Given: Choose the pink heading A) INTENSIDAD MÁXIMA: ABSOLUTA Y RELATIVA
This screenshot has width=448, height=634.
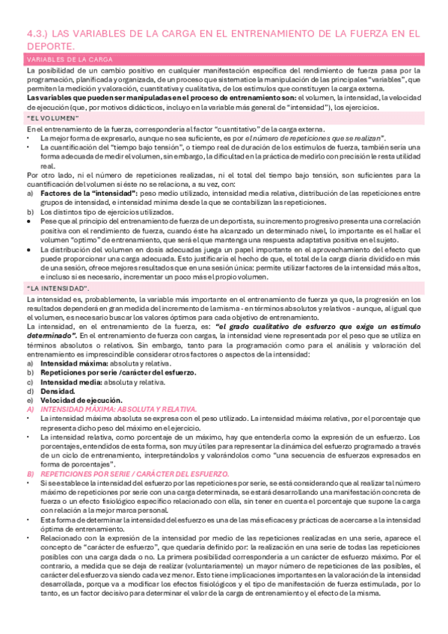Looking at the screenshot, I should tap(112, 410).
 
